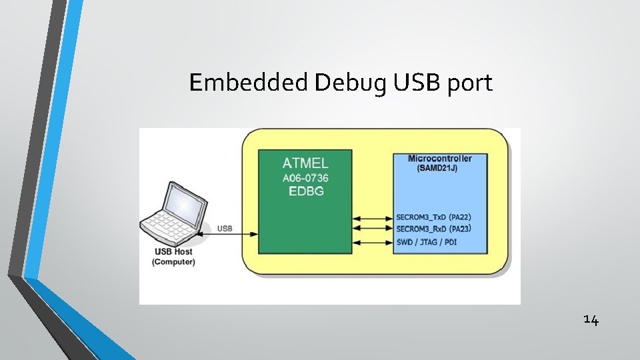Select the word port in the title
pos(469,84)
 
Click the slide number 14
pos(591,320)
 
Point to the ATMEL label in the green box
pos(305,162)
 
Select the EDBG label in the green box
pos(305,191)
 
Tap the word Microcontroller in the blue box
pos(440,159)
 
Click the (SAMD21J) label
pos(437,168)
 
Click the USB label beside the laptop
pos(225,229)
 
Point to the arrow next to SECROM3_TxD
pos(372,217)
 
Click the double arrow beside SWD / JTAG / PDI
pos(372,241)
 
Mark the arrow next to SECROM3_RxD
pos(372,229)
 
